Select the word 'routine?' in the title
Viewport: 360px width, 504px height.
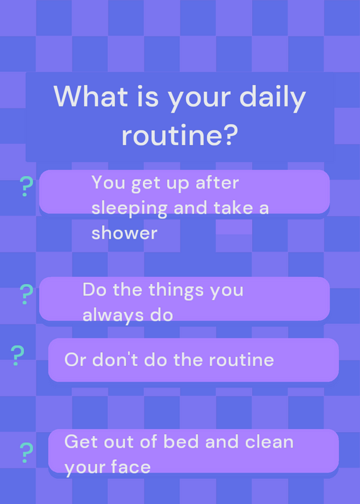(x=180, y=135)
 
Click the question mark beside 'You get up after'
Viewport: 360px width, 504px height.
(x=26, y=186)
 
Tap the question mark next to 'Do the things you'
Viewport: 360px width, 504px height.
(x=26, y=294)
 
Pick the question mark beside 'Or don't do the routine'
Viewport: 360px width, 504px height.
(x=18, y=355)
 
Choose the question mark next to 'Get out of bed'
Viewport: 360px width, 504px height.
(x=26, y=452)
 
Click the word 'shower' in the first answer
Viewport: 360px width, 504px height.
(x=124, y=232)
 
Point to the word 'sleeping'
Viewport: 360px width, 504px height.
(x=129, y=209)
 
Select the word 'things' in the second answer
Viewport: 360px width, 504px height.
(x=177, y=291)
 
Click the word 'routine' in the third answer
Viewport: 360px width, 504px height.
(x=241, y=360)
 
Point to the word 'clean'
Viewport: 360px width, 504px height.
(x=269, y=442)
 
